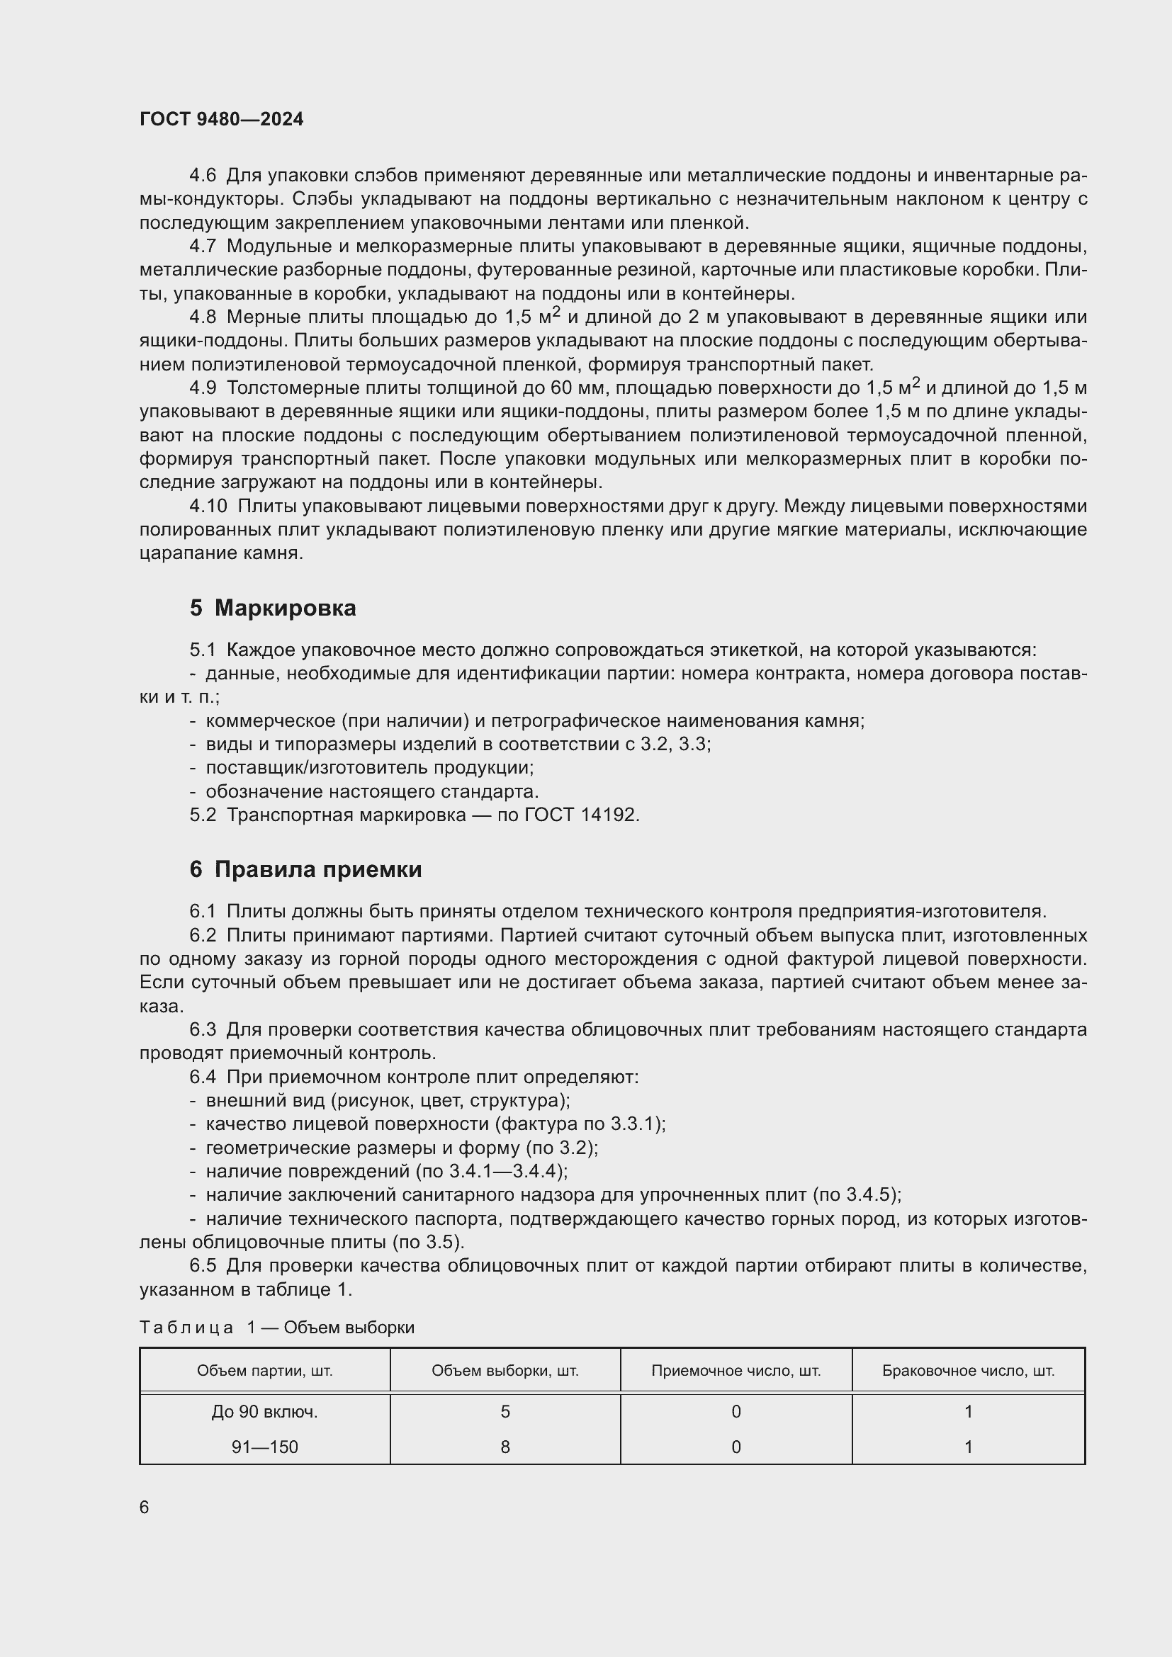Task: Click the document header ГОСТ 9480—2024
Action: tap(222, 119)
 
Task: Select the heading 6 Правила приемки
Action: tap(305, 869)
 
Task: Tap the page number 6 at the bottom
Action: tap(145, 1507)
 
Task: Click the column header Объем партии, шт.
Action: tap(265, 1371)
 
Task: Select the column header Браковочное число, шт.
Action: tap(969, 1371)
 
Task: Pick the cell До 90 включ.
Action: tap(265, 1412)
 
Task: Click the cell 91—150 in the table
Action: tap(265, 1447)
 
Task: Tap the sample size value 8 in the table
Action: tap(505, 1447)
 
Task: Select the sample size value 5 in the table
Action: tap(505, 1412)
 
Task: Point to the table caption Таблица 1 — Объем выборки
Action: tap(277, 1327)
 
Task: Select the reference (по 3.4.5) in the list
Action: tap(857, 1194)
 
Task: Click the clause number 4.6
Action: tap(203, 176)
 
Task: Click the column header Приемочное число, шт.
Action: tap(736, 1371)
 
